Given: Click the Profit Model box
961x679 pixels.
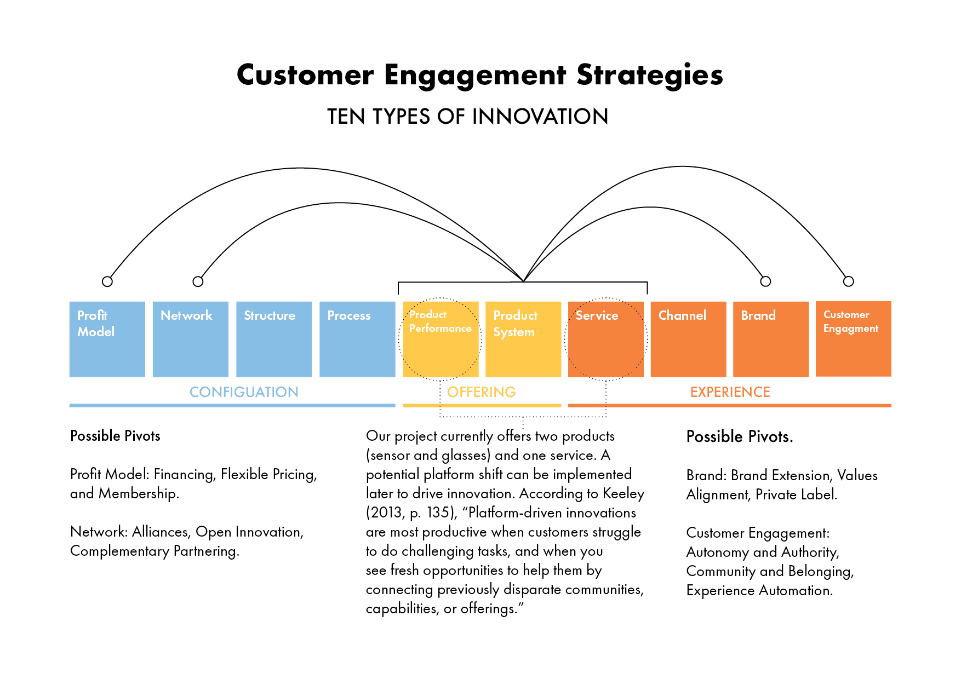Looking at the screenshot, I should (x=107, y=339).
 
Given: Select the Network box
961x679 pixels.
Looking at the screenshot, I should (x=191, y=339).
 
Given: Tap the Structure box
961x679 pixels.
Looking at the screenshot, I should (x=274, y=339).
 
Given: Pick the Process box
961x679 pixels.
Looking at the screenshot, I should (x=357, y=339).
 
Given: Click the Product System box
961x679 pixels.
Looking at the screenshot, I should (x=523, y=339).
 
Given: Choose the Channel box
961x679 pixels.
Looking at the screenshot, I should (x=688, y=339).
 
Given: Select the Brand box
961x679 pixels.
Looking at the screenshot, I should (x=771, y=339).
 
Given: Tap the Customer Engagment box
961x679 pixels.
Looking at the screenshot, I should (x=853, y=339).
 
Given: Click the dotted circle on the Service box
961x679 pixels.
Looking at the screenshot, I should (x=606, y=339).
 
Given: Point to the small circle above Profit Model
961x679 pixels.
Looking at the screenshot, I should (x=107, y=281).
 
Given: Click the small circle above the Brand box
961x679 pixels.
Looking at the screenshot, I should (x=765, y=281).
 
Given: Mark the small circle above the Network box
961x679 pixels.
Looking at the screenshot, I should (x=198, y=281).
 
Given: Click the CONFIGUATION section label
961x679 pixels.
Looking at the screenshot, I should (x=244, y=392).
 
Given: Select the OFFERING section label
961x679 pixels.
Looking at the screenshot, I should (x=481, y=392).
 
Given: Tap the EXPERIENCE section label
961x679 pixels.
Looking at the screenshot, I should (x=730, y=392).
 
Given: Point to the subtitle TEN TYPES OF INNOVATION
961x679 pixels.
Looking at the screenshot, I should (x=467, y=117).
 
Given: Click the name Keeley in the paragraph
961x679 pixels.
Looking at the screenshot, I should (x=623, y=494).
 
